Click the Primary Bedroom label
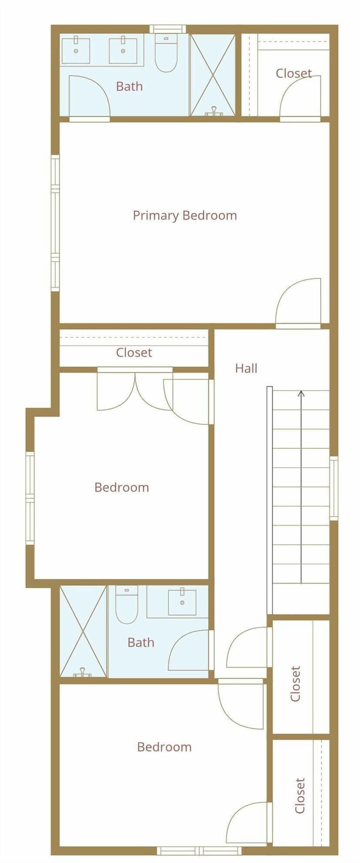(184, 215)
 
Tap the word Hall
(246, 368)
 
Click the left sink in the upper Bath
(76, 50)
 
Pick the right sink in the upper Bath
(123, 50)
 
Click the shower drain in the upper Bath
(214, 112)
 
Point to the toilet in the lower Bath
(126, 604)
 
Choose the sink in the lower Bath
(182, 602)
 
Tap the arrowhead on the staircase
(301, 393)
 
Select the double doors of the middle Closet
(135, 390)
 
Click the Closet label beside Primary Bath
(294, 73)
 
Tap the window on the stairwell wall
(333, 488)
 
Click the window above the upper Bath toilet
(168, 29)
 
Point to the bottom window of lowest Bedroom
(199, 851)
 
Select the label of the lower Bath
(141, 642)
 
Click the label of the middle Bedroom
(121, 487)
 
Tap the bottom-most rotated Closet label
(300, 795)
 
